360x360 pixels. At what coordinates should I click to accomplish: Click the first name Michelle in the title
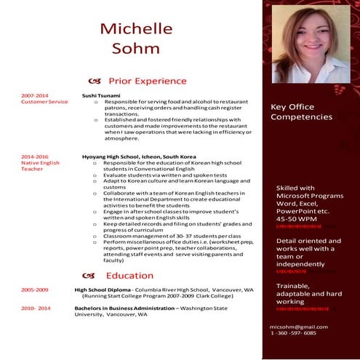[137, 29]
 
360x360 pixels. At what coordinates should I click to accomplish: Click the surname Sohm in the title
[136, 49]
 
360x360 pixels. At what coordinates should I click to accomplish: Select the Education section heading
[129, 276]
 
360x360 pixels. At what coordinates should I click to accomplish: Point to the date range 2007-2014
[34, 95]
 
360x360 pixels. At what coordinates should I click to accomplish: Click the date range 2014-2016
[34, 156]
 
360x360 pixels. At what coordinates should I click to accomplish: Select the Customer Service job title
[44, 102]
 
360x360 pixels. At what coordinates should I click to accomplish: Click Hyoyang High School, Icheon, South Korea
[139, 156]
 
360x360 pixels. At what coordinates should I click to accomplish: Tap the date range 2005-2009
[34, 289]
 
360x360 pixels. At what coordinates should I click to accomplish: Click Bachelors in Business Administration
[124, 308]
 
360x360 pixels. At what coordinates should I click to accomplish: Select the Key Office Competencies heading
[301, 111]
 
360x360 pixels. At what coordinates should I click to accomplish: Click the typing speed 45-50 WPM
[297, 218]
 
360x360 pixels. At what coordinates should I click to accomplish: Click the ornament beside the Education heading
[90, 276]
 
